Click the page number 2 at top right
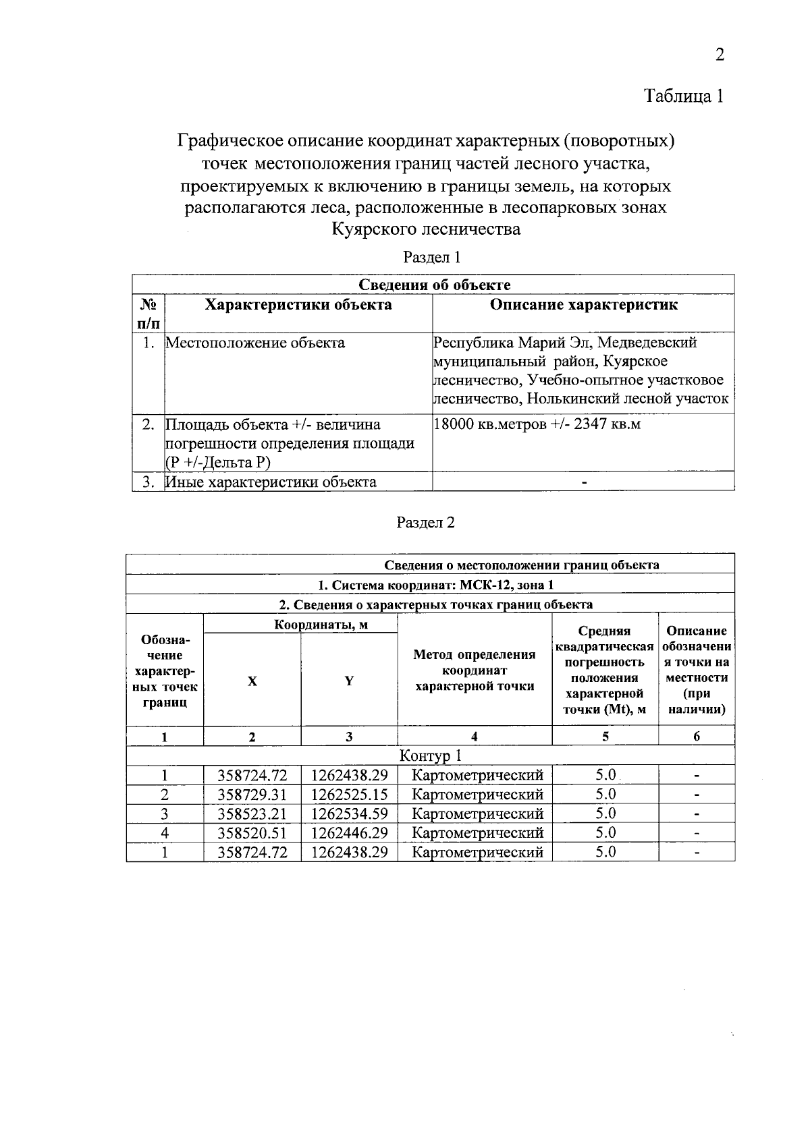tap(720, 55)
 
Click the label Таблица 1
tap(684, 96)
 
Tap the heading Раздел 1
tap(431, 257)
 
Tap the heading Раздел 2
tap(425, 523)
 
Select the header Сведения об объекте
tap(433, 285)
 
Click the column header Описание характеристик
tap(583, 305)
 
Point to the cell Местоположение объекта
tap(255, 343)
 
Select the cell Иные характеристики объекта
tap(271, 482)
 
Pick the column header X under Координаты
tap(252, 681)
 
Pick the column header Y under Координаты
tap(349, 681)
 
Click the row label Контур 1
tap(431, 755)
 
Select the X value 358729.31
tap(252, 795)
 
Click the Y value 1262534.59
tap(349, 813)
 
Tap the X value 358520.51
tap(252, 833)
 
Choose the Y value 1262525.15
tap(349, 795)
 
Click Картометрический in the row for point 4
tap(477, 833)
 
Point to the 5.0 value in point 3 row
tap(605, 813)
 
